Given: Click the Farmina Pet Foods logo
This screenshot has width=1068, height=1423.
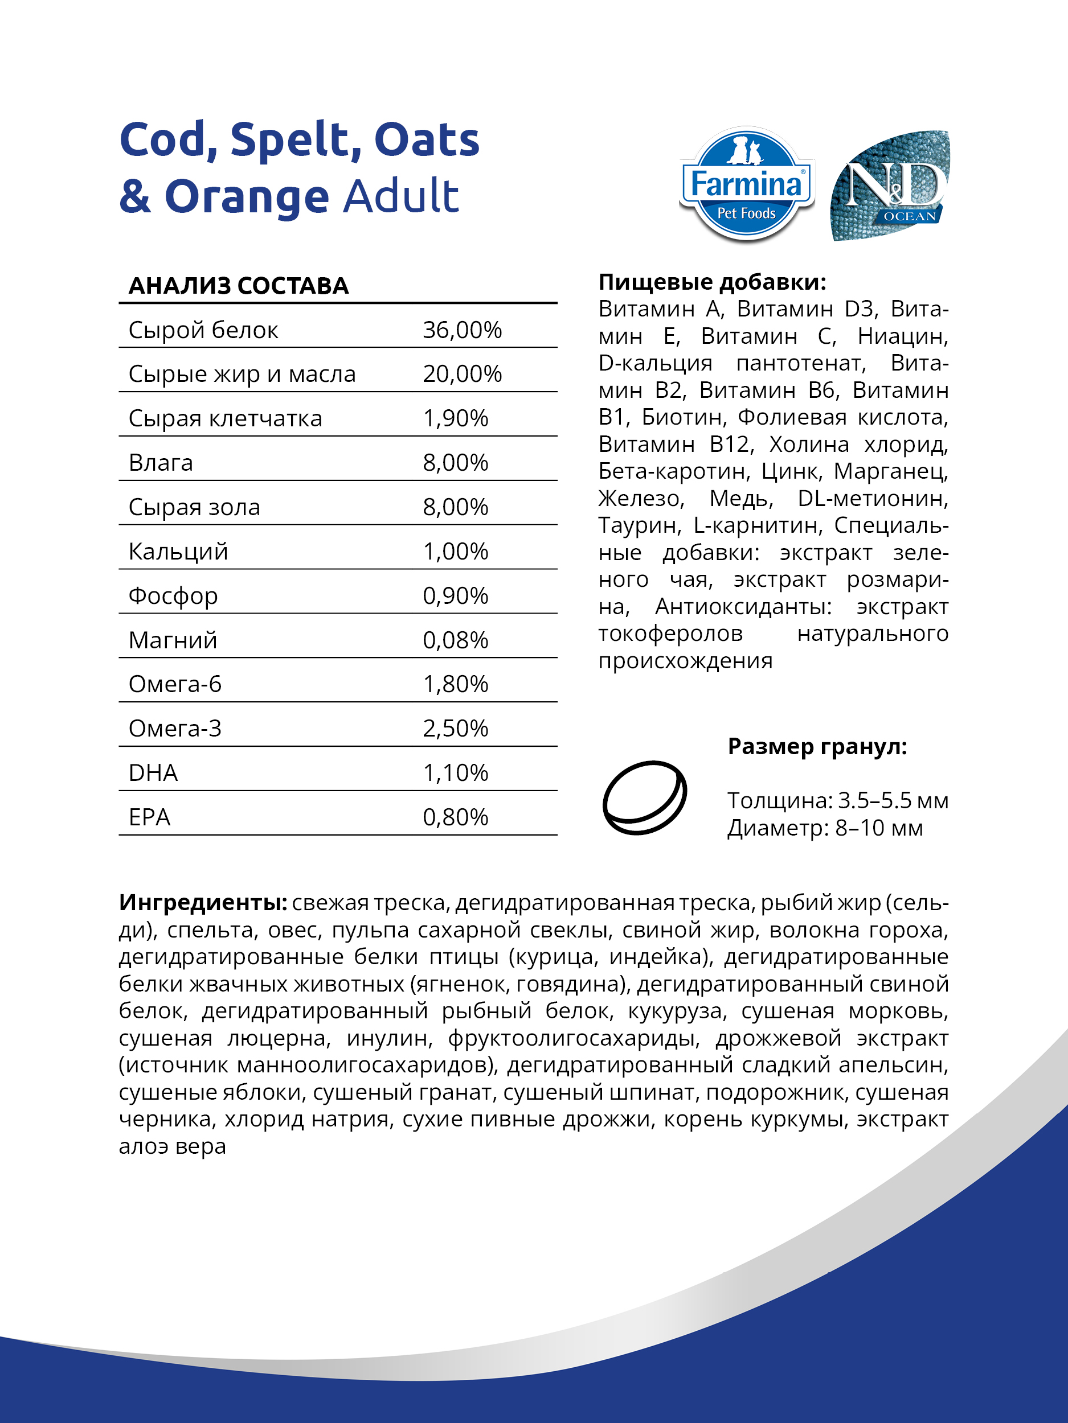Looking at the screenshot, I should [746, 185].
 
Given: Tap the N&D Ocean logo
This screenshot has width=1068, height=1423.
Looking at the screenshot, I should [890, 187].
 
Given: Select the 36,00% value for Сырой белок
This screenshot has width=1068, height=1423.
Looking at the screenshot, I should [461, 330].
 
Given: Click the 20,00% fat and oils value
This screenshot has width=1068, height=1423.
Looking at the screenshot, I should [461, 374].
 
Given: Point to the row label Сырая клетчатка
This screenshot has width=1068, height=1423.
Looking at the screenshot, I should [226, 418].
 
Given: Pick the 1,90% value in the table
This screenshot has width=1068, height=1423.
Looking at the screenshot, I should [455, 418].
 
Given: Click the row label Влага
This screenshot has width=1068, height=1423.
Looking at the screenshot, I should [161, 463].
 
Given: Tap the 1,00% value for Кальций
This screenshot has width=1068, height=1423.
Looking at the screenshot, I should [455, 552].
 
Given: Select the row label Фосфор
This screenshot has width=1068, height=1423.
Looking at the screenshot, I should [173, 596].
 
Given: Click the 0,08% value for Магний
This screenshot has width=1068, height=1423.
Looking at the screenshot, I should [455, 640].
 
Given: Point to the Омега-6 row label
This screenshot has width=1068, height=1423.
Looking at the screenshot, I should [175, 684].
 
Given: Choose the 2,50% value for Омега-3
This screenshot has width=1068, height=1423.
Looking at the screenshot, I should [455, 728].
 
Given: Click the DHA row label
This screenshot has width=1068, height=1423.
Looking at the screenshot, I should [153, 772].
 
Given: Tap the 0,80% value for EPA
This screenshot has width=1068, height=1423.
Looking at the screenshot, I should [455, 817].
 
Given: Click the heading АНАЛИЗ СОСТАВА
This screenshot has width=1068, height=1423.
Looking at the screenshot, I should [239, 286].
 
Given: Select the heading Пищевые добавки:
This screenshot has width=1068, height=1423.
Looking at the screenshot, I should [712, 282].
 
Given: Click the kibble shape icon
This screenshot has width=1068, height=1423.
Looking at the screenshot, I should [644, 797].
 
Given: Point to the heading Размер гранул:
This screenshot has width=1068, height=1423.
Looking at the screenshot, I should [817, 746].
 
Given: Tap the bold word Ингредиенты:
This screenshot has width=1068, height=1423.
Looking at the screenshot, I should [203, 903].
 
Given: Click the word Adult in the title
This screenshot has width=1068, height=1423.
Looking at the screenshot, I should [401, 196].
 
